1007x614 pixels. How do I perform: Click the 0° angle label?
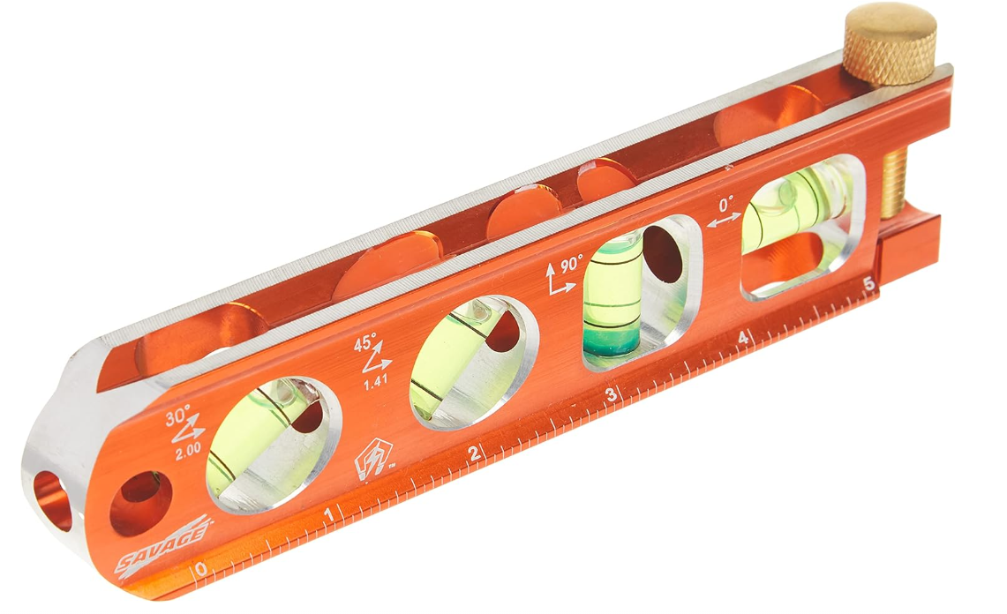726,204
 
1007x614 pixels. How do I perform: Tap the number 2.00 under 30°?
188,449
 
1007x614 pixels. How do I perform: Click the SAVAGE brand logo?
166,545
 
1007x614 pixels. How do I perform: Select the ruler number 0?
201,569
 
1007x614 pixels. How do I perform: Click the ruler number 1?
330,515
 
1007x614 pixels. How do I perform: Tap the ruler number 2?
474,453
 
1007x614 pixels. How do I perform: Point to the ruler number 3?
611,396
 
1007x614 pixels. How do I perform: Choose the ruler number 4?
743,339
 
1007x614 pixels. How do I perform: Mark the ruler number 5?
868,285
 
